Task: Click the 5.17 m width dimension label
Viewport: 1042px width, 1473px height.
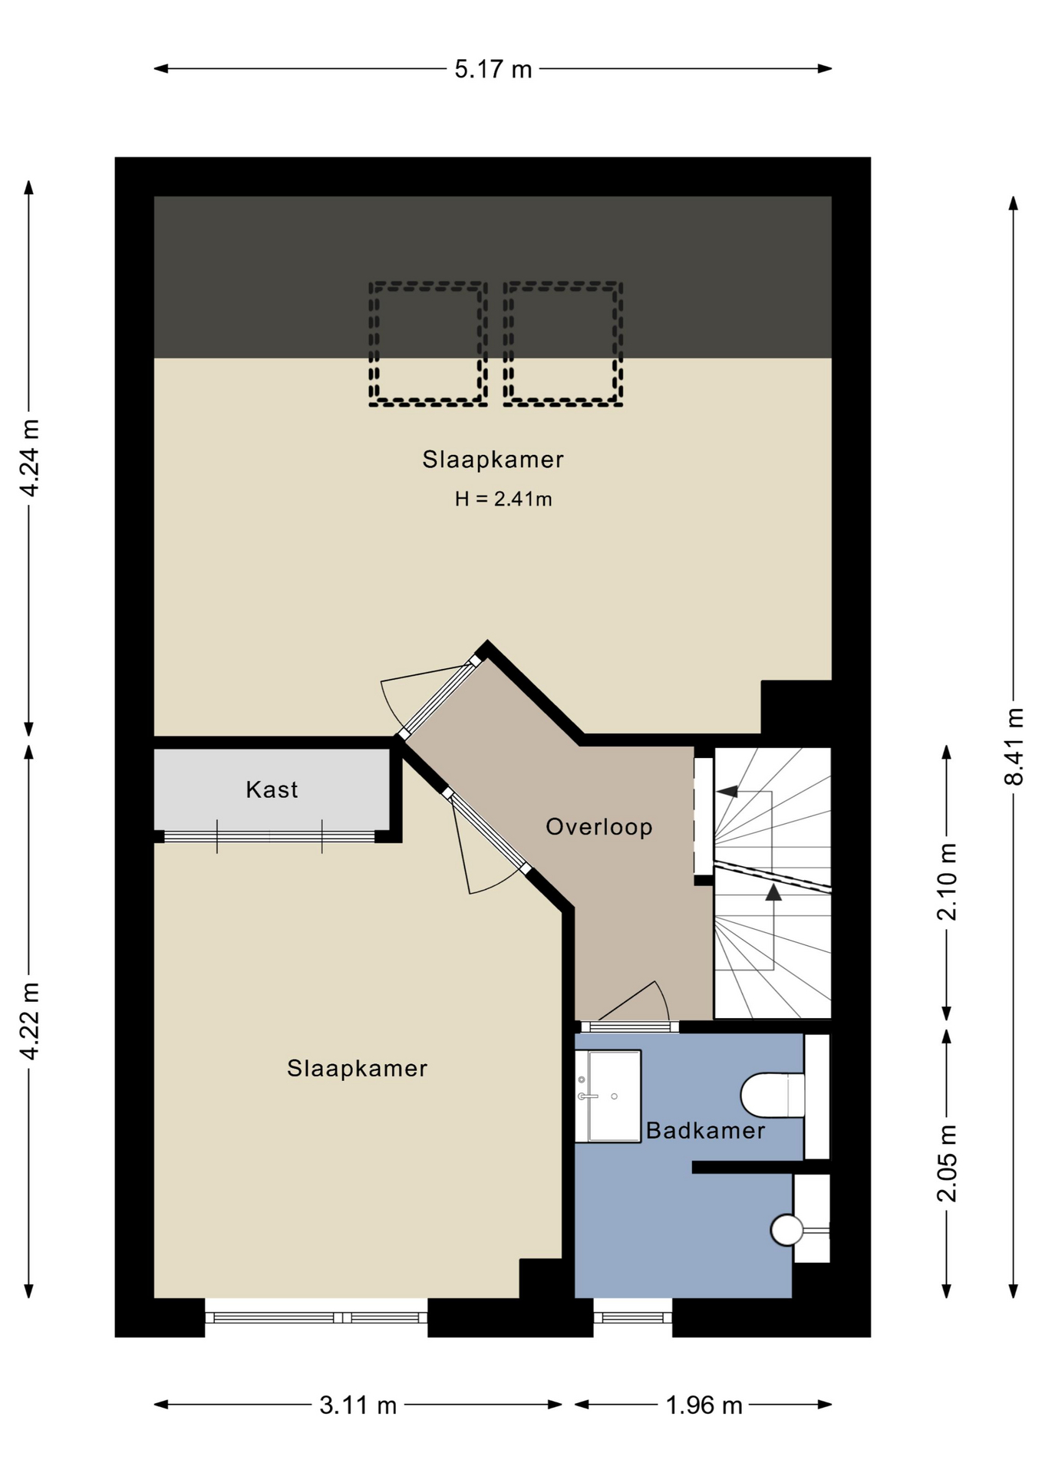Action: click(x=493, y=69)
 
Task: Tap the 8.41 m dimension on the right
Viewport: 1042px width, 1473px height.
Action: click(x=1014, y=746)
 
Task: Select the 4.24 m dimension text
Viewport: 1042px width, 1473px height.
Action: click(x=29, y=458)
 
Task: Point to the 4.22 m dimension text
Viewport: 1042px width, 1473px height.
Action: click(x=29, y=1021)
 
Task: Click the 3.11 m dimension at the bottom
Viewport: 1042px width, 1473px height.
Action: click(x=358, y=1405)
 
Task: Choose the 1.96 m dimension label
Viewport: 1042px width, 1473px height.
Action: click(x=704, y=1405)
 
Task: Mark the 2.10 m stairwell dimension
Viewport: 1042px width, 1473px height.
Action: click(x=947, y=881)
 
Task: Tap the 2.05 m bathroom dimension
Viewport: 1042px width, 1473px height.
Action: click(x=947, y=1163)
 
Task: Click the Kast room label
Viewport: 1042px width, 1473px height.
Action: click(x=272, y=789)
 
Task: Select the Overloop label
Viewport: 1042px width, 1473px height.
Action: click(x=599, y=826)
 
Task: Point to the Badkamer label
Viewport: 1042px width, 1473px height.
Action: click(x=706, y=1130)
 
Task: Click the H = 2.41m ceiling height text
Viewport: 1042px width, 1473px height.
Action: click(x=503, y=499)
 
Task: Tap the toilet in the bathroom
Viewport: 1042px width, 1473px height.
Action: click(x=773, y=1096)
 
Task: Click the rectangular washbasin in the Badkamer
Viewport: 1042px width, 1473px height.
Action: click(x=608, y=1096)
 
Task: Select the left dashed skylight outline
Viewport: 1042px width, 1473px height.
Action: click(x=427, y=344)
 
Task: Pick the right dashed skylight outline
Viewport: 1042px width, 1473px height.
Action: click(x=562, y=344)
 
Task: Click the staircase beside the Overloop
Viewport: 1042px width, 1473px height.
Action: click(x=773, y=883)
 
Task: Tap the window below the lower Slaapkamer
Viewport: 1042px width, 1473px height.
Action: click(x=316, y=1317)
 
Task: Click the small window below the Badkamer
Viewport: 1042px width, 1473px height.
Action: click(x=633, y=1317)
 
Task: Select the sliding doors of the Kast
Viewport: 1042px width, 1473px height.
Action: click(x=269, y=836)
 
